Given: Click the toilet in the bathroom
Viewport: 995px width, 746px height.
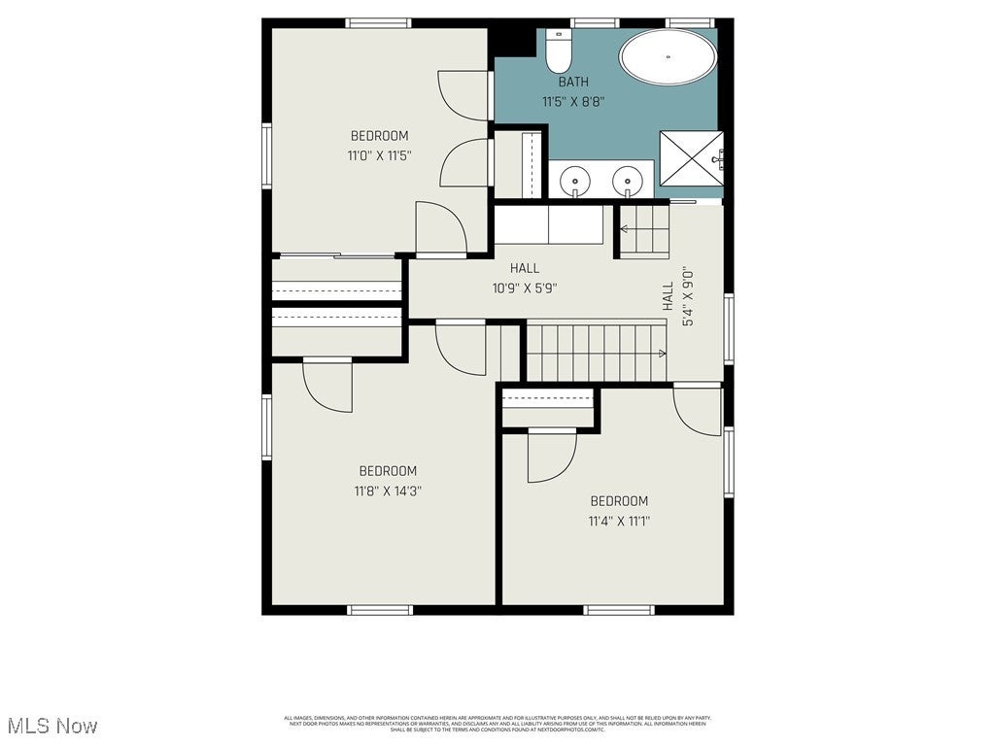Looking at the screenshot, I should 559,51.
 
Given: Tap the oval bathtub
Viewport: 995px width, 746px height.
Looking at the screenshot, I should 669,57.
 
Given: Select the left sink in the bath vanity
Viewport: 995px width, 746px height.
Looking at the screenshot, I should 577,181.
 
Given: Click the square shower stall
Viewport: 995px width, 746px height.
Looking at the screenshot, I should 691,157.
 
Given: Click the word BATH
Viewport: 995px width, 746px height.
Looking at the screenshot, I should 572,83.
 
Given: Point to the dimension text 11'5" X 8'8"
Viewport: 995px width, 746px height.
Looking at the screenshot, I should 573,100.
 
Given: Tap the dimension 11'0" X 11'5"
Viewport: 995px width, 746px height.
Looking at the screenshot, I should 379,154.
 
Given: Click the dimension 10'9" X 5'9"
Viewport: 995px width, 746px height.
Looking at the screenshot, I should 524,288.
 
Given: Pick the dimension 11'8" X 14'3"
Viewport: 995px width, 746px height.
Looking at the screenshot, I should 388,491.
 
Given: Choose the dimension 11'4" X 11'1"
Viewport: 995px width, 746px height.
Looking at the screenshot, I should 619,521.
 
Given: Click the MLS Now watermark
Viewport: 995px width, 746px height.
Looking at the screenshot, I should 51,726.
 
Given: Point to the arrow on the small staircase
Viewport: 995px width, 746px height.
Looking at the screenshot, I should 625,229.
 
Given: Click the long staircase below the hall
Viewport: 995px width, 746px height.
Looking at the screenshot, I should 596,353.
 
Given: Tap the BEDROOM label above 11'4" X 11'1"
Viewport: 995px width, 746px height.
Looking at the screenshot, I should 619,501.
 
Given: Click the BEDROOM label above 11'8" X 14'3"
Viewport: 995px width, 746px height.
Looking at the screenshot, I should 388,471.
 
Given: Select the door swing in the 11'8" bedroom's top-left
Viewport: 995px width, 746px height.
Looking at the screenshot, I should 327,386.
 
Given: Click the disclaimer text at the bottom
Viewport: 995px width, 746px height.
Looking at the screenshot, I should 497,724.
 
